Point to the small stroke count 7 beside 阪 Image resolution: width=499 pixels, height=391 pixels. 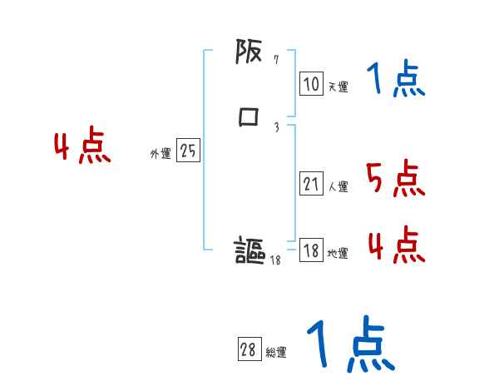(x=276, y=60)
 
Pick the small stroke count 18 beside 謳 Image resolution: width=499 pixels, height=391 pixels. (x=276, y=260)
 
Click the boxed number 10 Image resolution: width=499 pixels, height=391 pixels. (x=311, y=84)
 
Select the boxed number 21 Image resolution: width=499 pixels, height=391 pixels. (x=311, y=185)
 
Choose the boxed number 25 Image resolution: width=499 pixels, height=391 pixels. (x=188, y=151)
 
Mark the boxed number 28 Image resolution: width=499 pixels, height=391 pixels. (x=249, y=350)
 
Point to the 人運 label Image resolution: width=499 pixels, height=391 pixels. (x=338, y=187)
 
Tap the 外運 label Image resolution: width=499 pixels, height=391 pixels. (x=161, y=154)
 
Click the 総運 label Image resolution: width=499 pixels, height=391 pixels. (x=276, y=353)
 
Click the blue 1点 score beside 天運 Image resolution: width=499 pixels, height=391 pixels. (x=395, y=80)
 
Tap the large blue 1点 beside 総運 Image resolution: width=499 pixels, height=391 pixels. (x=350, y=344)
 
